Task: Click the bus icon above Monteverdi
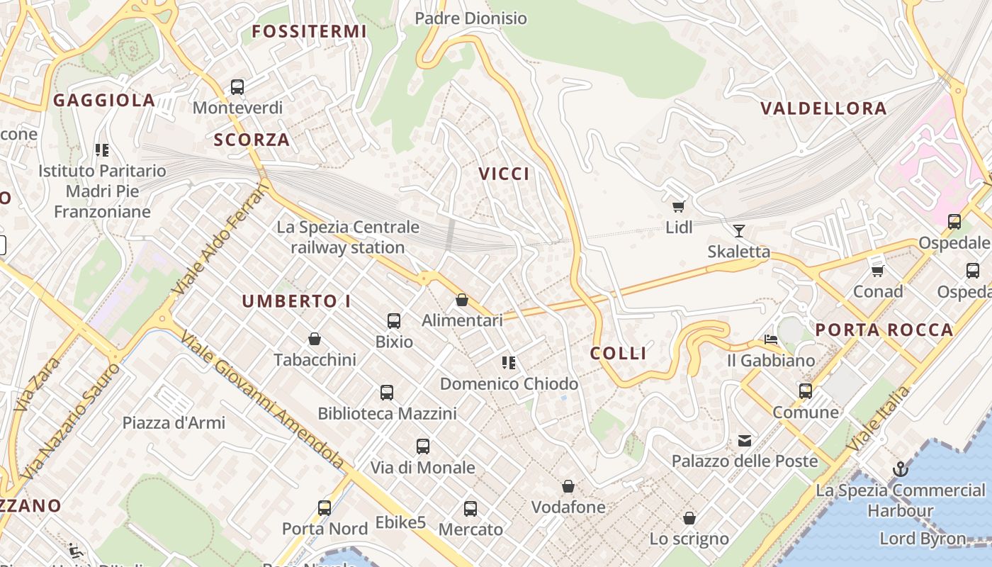tap(237, 87)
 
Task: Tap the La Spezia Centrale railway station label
tap(348, 237)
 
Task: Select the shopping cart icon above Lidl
tap(678, 206)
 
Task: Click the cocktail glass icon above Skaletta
tap(739, 230)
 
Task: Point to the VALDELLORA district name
tap(823, 108)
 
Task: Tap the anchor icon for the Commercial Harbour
tap(900, 469)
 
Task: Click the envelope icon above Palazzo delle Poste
tap(745, 441)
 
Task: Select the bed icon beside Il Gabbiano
tap(771, 339)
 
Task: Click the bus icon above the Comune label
tap(806, 391)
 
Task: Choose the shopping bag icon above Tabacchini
tap(315, 339)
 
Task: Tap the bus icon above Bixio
tap(394, 321)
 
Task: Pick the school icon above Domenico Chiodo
tap(508, 363)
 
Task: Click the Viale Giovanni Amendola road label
tap(263, 400)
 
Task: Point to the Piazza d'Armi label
tap(174, 423)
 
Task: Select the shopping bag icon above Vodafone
tap(568, 486)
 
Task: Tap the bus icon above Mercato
tap(470, 509)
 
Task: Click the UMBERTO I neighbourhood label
tap(296, 301)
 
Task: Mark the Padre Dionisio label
tap(470, 18)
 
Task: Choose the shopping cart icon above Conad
tap(878, 271)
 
